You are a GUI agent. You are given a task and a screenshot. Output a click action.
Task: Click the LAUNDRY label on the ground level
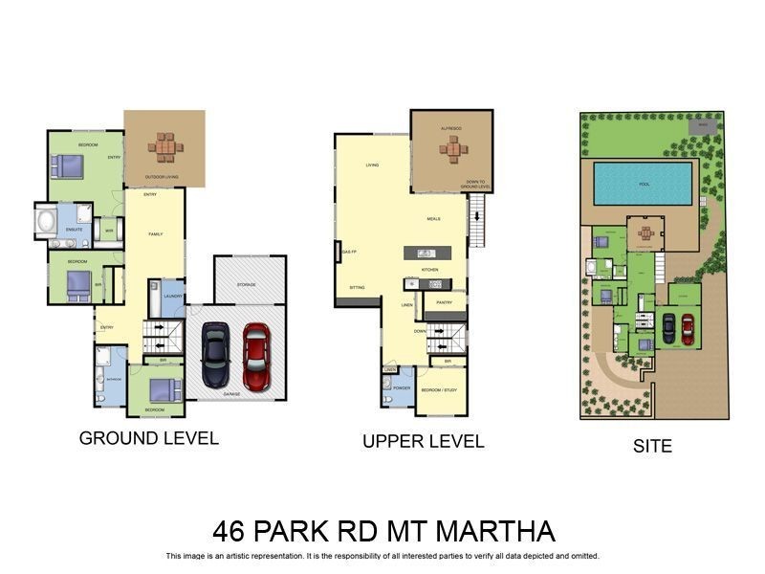[172, 297]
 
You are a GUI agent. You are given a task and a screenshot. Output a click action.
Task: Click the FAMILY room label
[156, 233]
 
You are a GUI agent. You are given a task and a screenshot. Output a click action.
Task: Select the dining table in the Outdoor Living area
[164, 148]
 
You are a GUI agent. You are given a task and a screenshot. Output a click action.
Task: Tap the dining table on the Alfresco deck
[451, 148]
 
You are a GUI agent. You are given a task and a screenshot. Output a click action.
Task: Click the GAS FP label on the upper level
[348, 252]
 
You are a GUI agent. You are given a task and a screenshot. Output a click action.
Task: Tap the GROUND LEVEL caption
[148, 438]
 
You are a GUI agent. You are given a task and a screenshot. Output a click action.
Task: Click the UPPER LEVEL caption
[423, 441]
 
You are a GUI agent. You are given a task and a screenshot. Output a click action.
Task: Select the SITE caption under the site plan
[653, 446]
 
